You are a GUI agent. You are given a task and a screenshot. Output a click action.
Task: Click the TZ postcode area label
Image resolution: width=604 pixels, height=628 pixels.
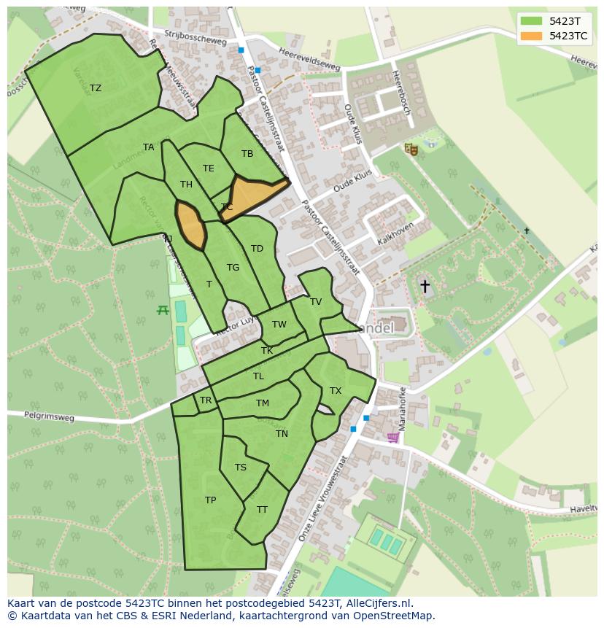(96, 88)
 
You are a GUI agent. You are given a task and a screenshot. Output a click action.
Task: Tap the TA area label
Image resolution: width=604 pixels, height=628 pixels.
(149, 147)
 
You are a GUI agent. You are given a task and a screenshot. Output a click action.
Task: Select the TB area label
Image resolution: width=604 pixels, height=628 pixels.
(247, 154)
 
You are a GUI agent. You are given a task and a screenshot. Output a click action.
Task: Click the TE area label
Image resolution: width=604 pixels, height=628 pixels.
(209, 168)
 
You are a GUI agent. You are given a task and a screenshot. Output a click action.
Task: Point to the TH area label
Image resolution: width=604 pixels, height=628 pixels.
(186, 185)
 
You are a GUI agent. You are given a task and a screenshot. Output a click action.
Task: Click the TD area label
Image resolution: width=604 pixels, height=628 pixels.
(257, 249)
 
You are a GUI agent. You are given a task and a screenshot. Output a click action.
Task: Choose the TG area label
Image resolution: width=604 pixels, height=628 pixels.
(233, 268)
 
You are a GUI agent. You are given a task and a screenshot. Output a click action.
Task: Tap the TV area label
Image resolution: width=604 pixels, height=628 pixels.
(316, 302)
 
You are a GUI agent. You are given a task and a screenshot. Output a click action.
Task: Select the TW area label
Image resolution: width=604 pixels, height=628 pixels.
(279, 325)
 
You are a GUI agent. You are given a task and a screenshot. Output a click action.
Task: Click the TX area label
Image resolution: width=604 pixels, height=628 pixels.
(336, 391)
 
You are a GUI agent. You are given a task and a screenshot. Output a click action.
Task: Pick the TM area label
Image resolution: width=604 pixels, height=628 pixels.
(263, 403)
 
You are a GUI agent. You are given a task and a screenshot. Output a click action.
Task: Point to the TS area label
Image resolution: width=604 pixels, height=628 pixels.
(241, 468)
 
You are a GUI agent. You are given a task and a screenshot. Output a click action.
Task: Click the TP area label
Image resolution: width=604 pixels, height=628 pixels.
(210, 500)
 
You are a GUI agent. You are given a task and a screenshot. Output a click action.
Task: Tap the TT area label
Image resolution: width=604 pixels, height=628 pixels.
(262, 510)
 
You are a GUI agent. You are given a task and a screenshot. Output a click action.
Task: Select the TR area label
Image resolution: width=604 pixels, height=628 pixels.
(206, 400)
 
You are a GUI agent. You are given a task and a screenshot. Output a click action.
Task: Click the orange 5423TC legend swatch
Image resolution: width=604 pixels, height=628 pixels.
(531, 35)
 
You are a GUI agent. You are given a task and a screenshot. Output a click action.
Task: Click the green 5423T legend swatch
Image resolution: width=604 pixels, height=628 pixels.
(531, 21)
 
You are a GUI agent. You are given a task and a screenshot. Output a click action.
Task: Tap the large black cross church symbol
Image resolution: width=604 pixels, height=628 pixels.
(425, 287)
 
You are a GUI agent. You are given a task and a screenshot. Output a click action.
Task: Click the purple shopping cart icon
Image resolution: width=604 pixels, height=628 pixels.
(392, 438)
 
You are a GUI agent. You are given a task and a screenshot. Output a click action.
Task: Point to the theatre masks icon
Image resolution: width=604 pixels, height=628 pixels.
(411, 149)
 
